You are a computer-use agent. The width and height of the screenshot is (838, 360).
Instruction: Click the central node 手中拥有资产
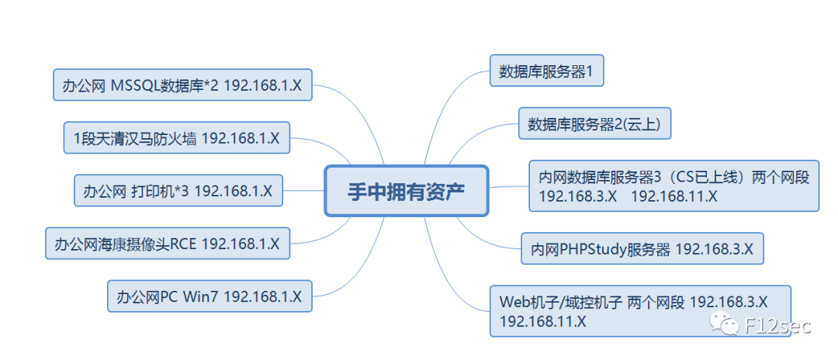pos(406,190)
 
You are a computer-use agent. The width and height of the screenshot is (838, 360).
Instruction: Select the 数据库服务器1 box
pos(546,72)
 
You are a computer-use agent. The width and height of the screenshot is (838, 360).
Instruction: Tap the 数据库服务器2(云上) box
pos(594,123)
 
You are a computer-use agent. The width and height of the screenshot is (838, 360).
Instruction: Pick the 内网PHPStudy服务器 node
pos(642,249)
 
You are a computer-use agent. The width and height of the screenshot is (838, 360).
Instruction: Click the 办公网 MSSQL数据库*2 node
pos(182,85)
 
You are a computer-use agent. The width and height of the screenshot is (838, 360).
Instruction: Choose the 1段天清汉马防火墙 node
pos(176,138)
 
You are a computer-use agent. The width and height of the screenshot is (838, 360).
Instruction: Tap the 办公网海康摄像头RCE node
pos(167,244)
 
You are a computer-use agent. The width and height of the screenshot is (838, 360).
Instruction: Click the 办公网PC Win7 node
pos(209,296)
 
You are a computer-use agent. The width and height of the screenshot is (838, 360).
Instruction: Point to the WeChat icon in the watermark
pos(728,324)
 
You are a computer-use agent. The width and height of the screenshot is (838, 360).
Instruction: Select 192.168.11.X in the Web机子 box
pos(543,320)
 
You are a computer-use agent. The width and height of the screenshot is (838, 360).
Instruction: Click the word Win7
pos(203,296)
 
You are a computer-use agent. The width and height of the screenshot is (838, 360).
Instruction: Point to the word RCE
pos(183,244)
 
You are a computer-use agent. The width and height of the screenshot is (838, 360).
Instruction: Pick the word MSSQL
pos(135,85)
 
